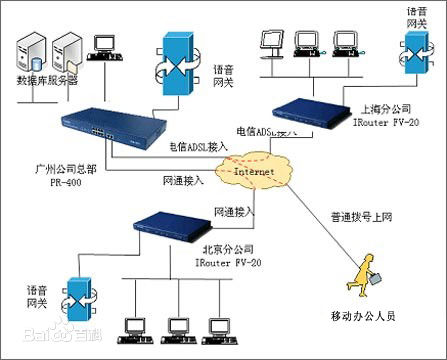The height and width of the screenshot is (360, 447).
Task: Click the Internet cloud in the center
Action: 254,172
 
